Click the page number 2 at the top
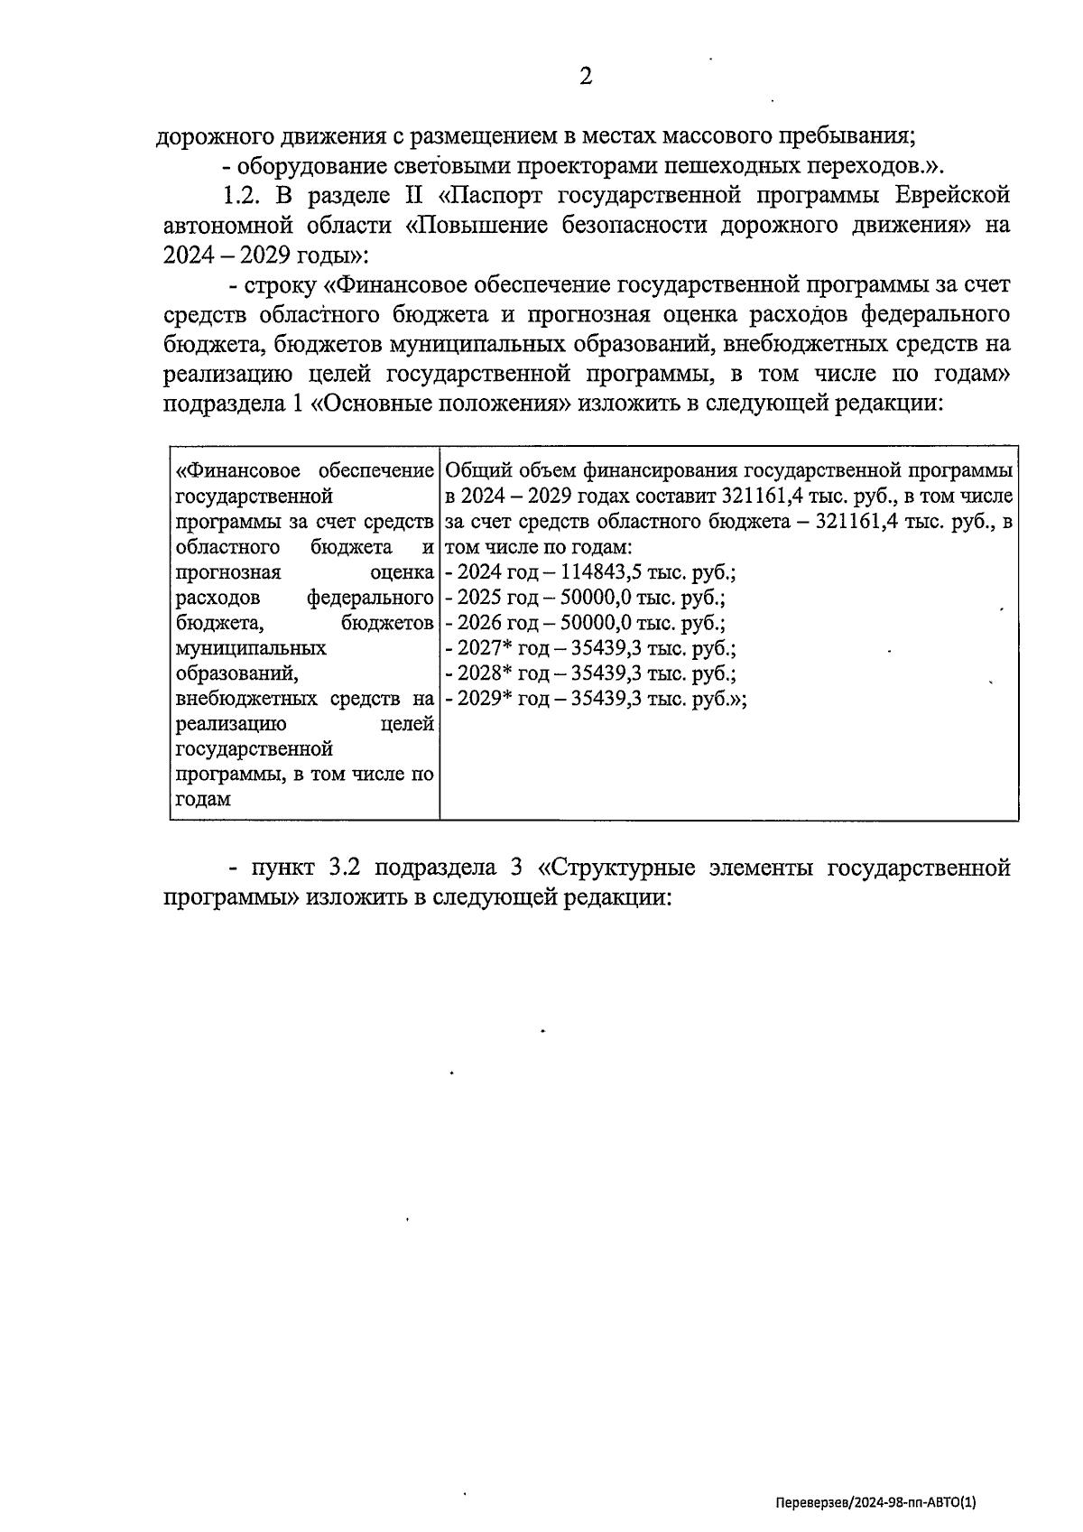tap(586, 78)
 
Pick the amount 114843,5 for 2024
tap(602, 572)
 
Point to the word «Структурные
tap(616, 868)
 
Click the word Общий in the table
tap(474, 470)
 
